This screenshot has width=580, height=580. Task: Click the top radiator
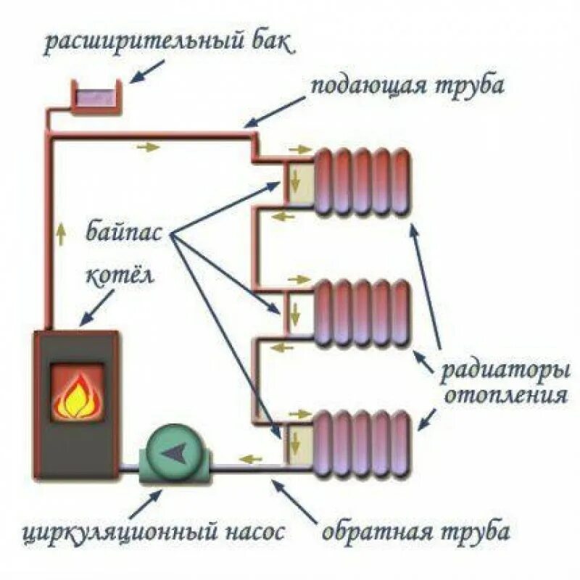[x=362, y=181]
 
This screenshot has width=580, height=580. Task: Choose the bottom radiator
[x=362, y=442]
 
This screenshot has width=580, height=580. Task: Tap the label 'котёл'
[x=117, y=276]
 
